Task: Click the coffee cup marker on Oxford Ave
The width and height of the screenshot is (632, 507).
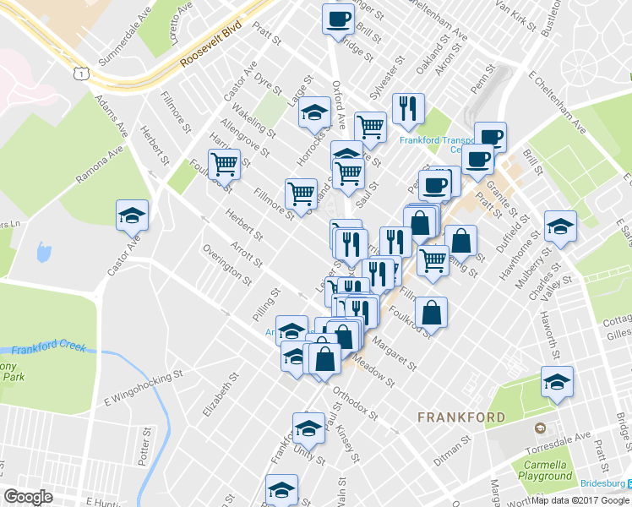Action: click(338, 19)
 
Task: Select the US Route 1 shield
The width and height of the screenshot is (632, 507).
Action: click(81, 75)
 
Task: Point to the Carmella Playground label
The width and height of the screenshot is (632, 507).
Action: click(544, 471)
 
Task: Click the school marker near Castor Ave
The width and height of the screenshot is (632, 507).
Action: click(133, 215)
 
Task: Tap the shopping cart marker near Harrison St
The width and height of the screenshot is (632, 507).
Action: click(224, 163)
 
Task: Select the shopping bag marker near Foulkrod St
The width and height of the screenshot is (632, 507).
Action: click(431, 312)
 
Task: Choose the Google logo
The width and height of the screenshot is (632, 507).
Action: click(29, 497)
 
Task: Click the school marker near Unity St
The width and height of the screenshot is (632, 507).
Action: click(308, 428)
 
